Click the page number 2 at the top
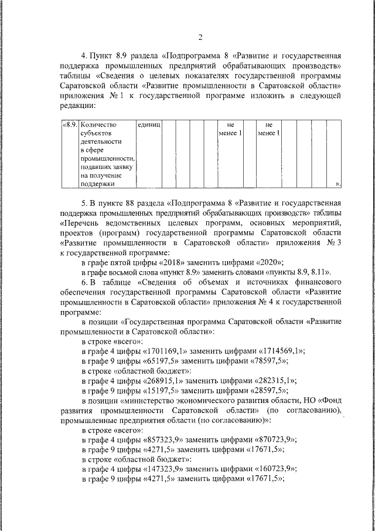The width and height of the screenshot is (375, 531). pyautogui.click(x=200, y=39)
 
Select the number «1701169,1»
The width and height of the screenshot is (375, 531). pyautogui.click(x=166, y=351)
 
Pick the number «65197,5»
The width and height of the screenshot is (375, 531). pyautogui.click(x=165, y=360)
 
